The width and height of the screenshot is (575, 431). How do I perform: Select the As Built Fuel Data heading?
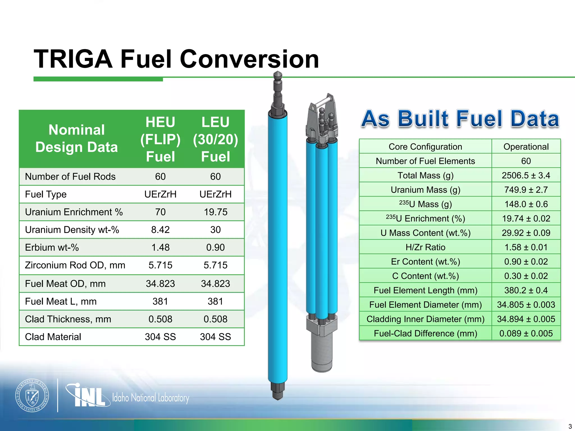(x=460, y=119)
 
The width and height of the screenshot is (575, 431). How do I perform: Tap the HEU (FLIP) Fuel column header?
(x=160, y=139)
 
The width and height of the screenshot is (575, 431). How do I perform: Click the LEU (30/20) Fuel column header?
(x=215, y=139)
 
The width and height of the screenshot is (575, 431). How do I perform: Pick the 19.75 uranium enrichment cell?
(x=215, y=212)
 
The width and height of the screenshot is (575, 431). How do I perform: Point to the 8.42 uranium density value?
(x=160, y=230)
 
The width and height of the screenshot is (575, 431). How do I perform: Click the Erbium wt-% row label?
(x=52, y=247)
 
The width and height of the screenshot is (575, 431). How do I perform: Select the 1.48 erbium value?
(x=160, y=247)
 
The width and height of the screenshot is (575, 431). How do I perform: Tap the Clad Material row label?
(x=53, y=336)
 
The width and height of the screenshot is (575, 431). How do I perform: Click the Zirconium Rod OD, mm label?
(x=75, y=265)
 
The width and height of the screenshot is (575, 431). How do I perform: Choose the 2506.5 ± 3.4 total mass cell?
(x=526, y=175)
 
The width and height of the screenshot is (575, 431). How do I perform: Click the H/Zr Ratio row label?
(x=425, y=247)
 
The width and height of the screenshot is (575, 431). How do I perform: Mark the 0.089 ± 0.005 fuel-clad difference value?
(x=526, y=333)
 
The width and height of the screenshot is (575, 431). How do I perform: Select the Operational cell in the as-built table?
(x=526, y=146)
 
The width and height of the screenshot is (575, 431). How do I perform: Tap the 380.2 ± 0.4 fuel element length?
(x=526, y=290)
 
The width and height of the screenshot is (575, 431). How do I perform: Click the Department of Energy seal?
(x=32, y=395)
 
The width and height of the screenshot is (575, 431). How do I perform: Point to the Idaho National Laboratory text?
(x=151, y=398)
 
